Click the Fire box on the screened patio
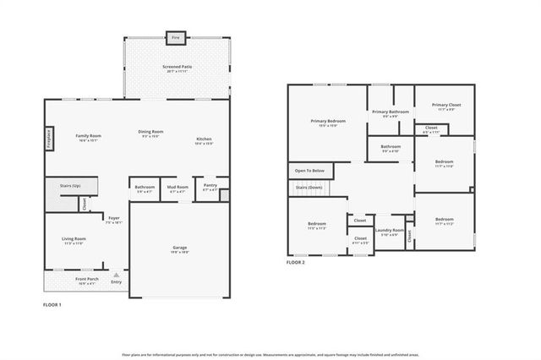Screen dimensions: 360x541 pyautogui.click(x=176, y=38)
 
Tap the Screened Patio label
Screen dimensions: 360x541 pyautogui.click(x=177, y=68)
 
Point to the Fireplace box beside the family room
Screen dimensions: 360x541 pyautogui.click(x=49, y=139)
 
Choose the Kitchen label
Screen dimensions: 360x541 pyautogui.click(x=204, y=139)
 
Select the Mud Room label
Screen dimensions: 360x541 pyautogui.click(x=178, y=188)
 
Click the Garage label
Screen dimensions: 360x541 pyautogui.click(x=180, y=248)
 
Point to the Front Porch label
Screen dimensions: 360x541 pyautogui.click(x=87, y=280)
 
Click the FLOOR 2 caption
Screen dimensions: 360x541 pyautogui.click(x=295, y=263)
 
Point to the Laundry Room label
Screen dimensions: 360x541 pyautogui.click(x=390, y=231)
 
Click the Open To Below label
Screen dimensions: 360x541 pyautogui.click(x=310, y=171)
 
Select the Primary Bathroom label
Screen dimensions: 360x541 pyautogui.click(x=391, y=112)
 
